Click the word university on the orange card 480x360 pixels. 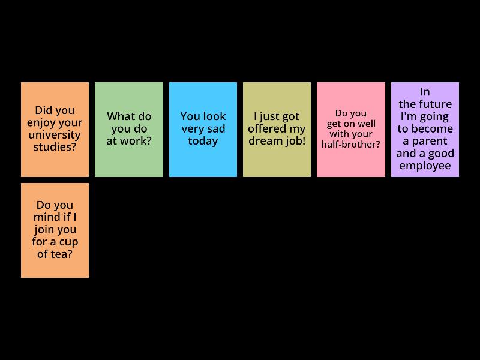click(x=55, y=134)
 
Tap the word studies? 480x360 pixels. click(x=55, y=147)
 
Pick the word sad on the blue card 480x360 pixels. click(x=217, y=128)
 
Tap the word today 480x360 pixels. click(x=203, y=141)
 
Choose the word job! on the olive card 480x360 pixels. click(x=295, y=141)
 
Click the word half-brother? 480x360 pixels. click(x=351, y=144)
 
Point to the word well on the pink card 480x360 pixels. click(x=367, y=124)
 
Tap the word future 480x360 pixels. click(x=437, y=104)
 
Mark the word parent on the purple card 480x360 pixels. click(x=430, y=142)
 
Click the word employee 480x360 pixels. click(x=425, y=166)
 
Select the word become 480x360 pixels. click(x=434, y=128)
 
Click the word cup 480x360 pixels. click(x=68, y=242)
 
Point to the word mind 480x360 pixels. click(x=47, y=217)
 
